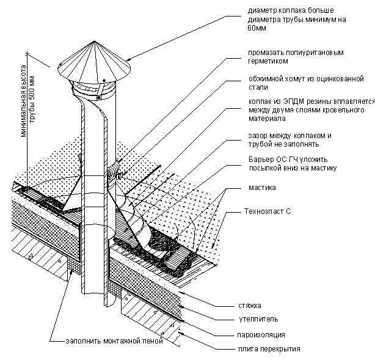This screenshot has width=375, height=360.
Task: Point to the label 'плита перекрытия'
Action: pyautogui.click(x=265, y=349)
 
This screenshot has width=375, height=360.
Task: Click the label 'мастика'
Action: pyautogui.click(x=262, y=188)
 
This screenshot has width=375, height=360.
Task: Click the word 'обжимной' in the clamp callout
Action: pyautogui.click(x=264, y=79)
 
